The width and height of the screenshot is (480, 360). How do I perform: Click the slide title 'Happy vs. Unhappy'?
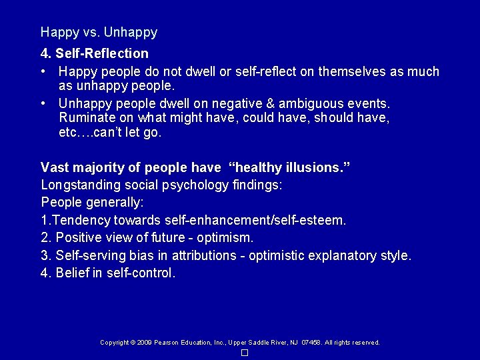[99, 32]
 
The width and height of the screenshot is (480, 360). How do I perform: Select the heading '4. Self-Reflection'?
[95, 53]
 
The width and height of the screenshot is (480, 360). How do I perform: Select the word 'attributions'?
[204, 255]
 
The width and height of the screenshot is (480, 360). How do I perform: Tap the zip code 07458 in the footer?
[311, 343]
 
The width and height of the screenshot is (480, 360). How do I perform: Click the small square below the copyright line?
[245, 353]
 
